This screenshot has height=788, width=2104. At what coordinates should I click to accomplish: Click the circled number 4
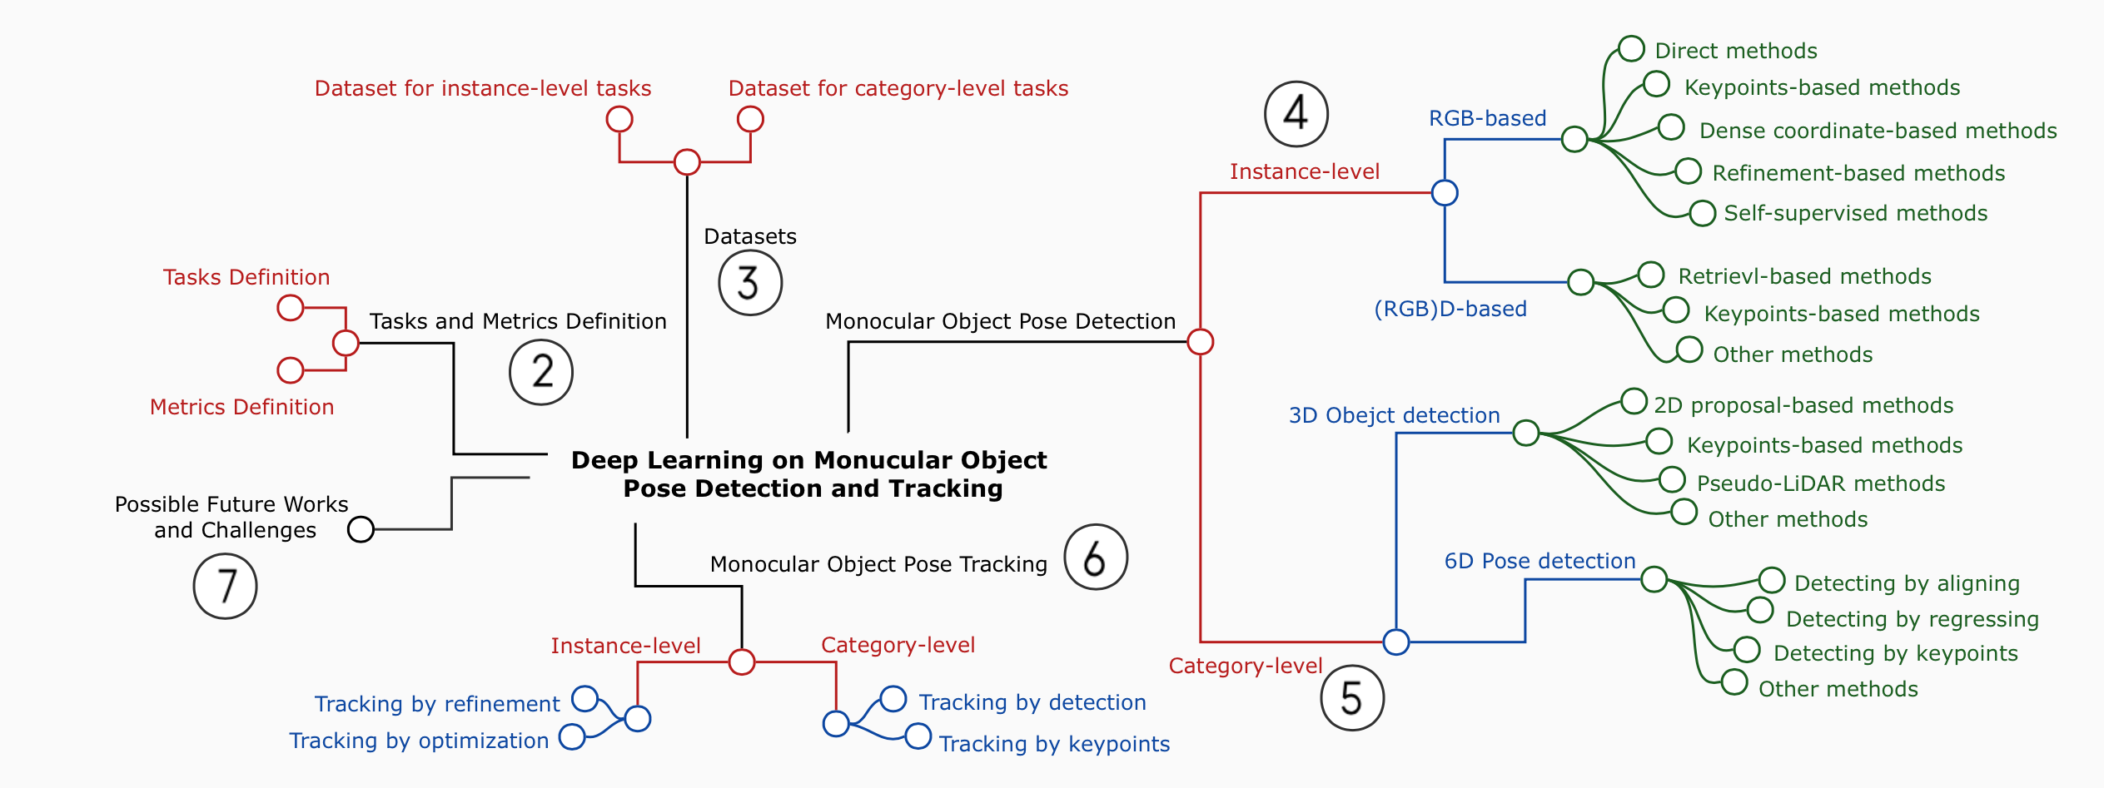(1296, 114)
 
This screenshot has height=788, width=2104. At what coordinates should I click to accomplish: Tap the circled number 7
(225, 587)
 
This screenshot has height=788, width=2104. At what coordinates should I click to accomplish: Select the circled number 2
(541, 372)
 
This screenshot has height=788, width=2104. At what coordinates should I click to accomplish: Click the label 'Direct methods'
(1735, 51)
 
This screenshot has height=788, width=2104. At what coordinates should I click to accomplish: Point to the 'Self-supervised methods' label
(1855, 213)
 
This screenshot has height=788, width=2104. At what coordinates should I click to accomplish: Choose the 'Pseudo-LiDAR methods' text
(1820, 483)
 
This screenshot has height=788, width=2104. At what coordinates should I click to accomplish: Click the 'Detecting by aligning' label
(1907, 583)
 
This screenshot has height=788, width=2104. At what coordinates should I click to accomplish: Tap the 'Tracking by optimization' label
(419, 741)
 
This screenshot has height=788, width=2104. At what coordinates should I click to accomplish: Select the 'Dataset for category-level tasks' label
(898, 88)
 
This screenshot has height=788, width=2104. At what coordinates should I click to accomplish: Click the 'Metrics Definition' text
(241, 407)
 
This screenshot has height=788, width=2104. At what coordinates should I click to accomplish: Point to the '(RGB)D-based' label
(1450, 309)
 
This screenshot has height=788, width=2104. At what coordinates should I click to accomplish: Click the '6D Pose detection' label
(1539, 561)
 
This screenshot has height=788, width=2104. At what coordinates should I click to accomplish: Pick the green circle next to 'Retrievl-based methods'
(1650, 275)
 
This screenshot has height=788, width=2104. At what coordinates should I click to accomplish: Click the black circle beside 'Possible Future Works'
(361, 529)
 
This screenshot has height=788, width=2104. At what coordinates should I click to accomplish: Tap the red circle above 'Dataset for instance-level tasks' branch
(619, 119)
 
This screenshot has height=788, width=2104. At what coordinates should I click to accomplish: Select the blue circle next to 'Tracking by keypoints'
(918, 736)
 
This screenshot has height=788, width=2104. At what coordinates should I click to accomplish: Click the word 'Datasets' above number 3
(749, 236)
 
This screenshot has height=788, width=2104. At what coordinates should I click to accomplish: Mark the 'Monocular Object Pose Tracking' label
(878, 564)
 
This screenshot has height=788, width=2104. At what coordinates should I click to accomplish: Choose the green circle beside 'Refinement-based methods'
(1688, 171)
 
